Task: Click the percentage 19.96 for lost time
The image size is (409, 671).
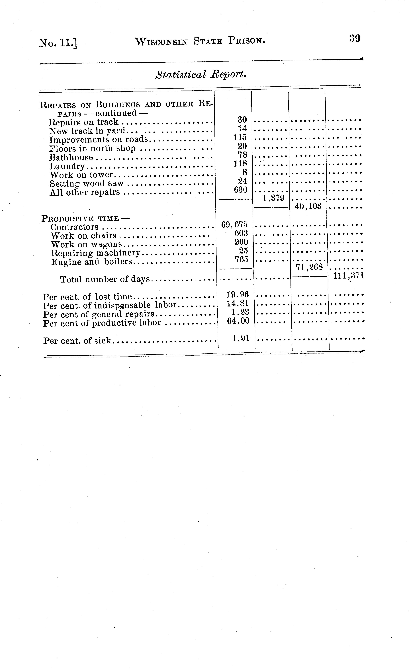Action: coord(238,294)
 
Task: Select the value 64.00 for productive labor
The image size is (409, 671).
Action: coord(238,321)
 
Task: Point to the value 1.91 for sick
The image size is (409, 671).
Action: coord(241,338)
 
